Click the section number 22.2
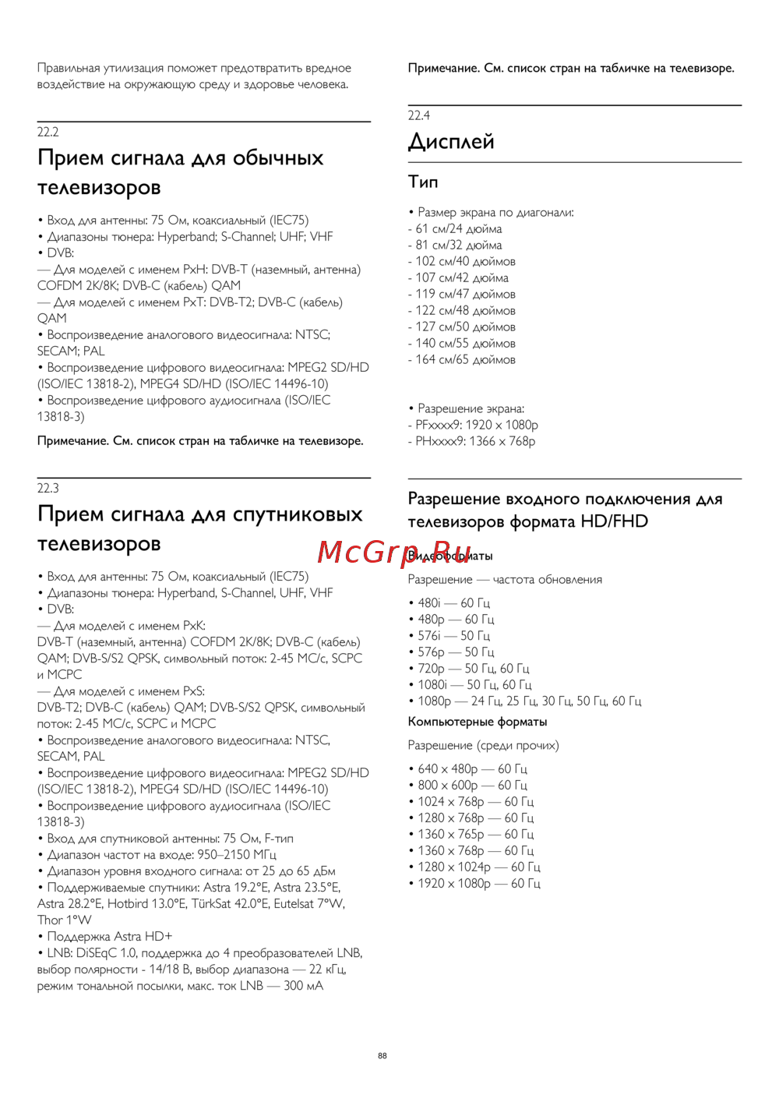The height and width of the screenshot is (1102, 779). [48, 132]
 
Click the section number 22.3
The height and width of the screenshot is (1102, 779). [48, 489]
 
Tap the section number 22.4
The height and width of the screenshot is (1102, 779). [419, 116]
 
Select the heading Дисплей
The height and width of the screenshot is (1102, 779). [451, 142]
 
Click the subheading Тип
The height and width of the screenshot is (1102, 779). [423, 182]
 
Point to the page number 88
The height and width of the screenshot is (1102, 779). [382, 1056]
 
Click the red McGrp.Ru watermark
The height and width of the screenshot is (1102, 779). [394, 552]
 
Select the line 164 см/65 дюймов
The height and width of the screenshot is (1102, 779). [462, 360]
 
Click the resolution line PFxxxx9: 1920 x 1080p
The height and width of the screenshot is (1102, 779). [473, 426]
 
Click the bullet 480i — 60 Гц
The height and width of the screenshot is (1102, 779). [453, 603]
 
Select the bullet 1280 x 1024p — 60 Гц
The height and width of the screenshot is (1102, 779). [478, 867]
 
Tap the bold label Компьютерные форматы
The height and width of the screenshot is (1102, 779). [478, 722]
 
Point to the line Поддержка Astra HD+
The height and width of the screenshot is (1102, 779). [109, 937]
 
